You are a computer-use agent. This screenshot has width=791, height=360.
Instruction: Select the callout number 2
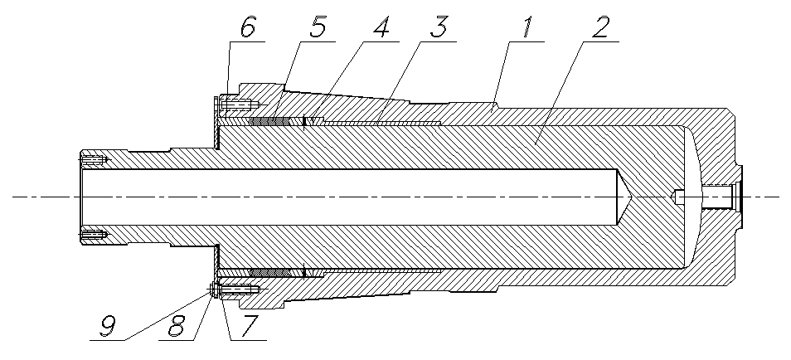601,27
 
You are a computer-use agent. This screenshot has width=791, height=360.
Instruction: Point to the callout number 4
380,27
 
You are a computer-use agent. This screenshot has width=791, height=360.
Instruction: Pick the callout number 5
318,27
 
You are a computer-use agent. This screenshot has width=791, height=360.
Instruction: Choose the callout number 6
248,27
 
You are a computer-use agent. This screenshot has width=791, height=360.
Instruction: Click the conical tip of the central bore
628,197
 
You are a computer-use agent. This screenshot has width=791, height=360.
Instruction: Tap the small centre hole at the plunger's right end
677,197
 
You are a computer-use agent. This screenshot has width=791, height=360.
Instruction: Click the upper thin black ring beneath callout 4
305,122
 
